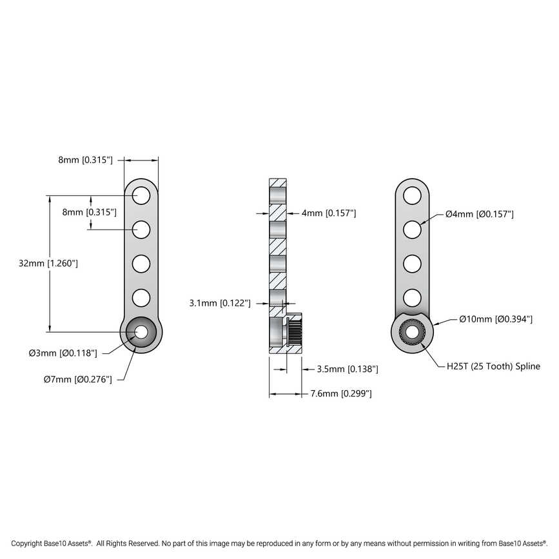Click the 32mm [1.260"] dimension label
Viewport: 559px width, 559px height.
pos(48,263)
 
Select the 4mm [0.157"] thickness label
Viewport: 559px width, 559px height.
pos(329,213)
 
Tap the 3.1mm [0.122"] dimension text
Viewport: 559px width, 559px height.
pos(219,302)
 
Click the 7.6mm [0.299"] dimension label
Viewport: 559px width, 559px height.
pos(340,393)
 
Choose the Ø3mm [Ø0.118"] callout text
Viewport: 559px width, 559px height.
pos(63,353)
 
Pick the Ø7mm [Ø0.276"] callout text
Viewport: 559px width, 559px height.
pos(77,380)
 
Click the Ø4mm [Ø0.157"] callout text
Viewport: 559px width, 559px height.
pos(479,214)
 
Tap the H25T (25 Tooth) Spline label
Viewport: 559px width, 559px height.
pos(493,366)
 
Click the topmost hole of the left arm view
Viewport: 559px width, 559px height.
pos(141,194)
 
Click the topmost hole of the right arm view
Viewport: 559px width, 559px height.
pos(412,194)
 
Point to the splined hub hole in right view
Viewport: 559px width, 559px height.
pos(412,332)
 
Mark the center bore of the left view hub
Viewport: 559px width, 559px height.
pos(141,332)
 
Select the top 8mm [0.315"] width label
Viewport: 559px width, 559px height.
pos(85,159)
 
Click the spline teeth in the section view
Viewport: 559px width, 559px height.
pos(295,332)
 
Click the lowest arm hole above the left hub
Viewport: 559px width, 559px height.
pos(141,298)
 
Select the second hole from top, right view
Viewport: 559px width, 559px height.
pos(412,229)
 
